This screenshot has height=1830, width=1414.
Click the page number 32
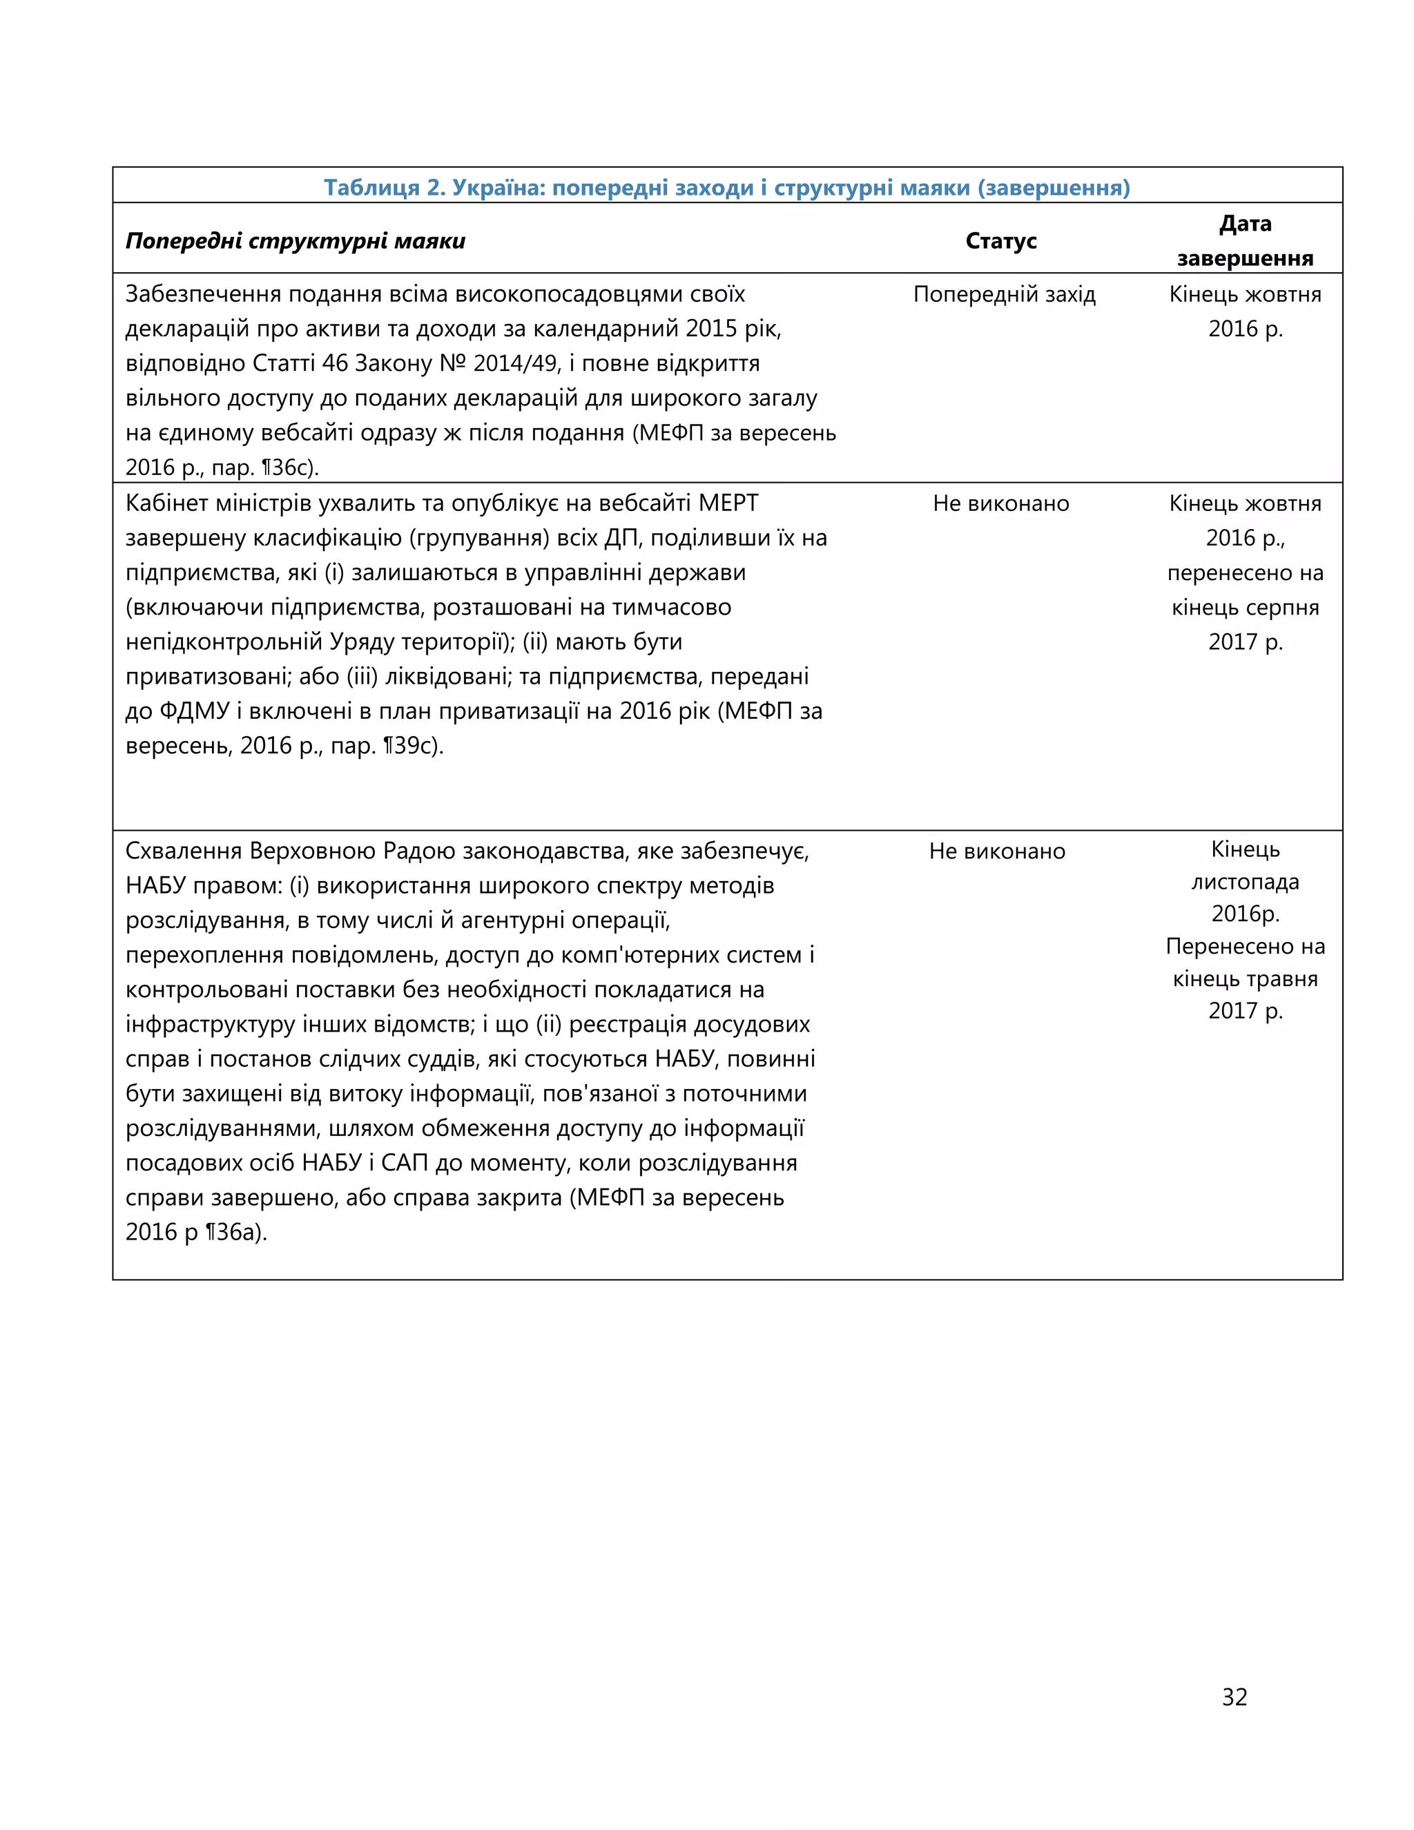[x=1234, y=1696]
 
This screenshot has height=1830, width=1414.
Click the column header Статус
[x=1000, y=240]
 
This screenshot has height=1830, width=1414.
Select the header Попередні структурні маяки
[x=295, y=241]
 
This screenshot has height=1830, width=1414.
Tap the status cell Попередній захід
[x=1003, y=294]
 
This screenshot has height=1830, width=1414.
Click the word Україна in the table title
[x=498, y=187]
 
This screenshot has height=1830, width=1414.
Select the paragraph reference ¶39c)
[x=413, y=745]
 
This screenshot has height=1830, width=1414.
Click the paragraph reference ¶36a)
[x=236, y=1232]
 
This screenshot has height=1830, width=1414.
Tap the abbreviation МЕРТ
[x=728, y=503]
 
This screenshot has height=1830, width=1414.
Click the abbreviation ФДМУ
[x=194, y=711]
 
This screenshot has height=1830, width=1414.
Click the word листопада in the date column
[x=1245, y=881]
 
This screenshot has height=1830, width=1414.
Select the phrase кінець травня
[x=1245, y=979]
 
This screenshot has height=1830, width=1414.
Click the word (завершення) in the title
[x=1054, y=187]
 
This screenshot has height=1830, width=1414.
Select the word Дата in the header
[x=1245, y=223]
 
